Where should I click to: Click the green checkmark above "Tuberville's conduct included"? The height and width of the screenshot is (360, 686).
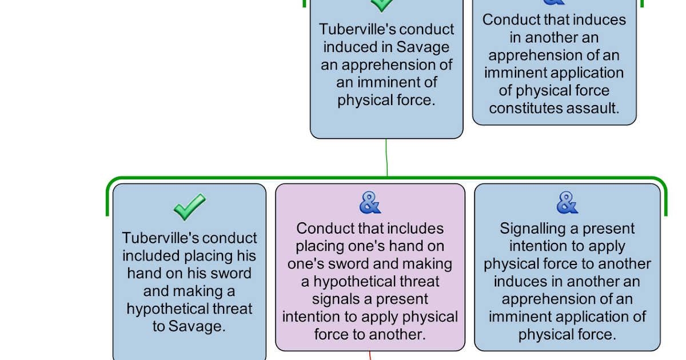tap(190, 207)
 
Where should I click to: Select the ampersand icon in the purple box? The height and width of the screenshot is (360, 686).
tap(370, 203)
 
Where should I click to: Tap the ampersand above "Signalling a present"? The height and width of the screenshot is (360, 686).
tap(567, 203)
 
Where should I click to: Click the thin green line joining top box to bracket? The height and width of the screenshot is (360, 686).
tap(387, 158)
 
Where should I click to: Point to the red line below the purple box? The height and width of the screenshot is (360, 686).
tap(370, 355)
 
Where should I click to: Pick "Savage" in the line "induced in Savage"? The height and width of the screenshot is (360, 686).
tap(422, 47)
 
